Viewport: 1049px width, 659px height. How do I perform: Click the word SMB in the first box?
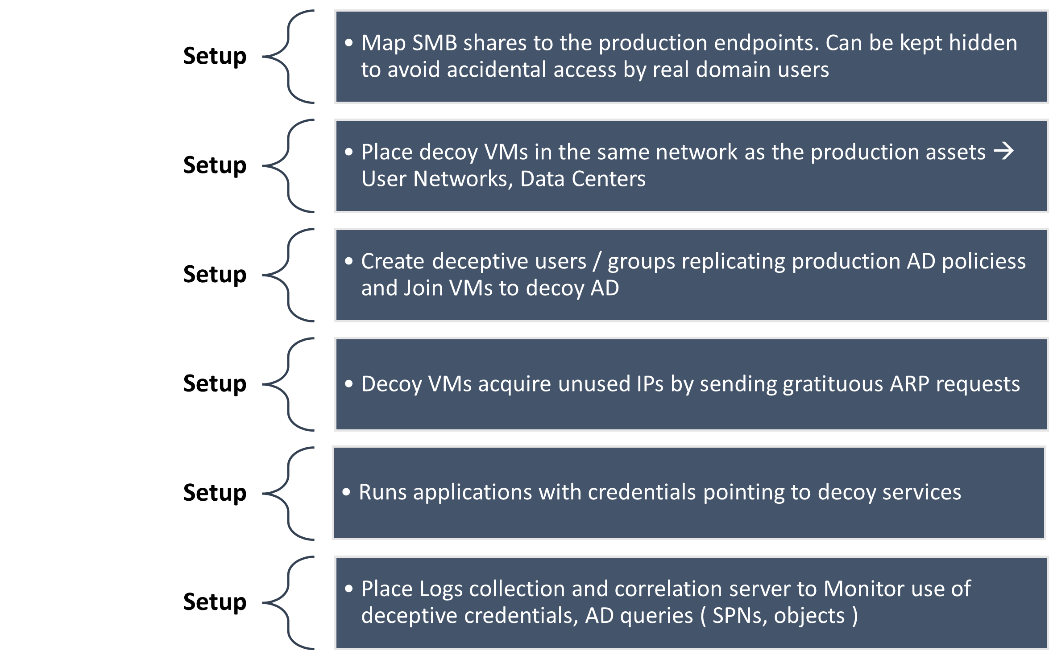[435, 43]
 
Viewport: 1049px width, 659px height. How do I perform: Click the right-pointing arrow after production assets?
[1003, 152]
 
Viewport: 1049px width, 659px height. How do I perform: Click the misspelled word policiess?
[983, 261]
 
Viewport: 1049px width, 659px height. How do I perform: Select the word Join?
[423, 288]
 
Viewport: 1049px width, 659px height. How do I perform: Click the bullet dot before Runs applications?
[346, 492]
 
